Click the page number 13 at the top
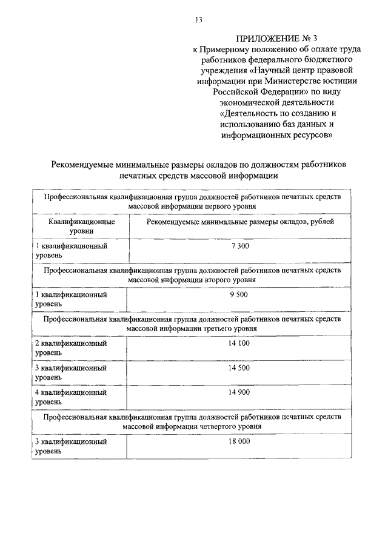tap(198, 20)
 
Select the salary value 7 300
tap(239, 246)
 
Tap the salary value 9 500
tap(239, 294)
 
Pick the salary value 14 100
tap(239, 343)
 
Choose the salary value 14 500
tap(239, 367)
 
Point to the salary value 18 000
tap(239, 442)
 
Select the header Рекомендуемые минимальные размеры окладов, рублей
tap(239, 222)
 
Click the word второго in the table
tap(214, 280)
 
